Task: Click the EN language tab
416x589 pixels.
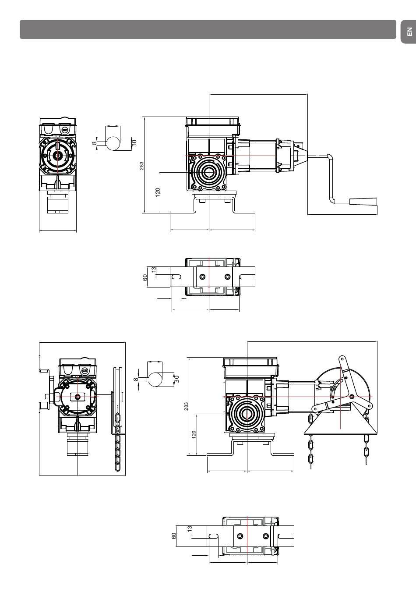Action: click(409, 32)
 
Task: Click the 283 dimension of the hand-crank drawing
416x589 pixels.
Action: click(141, 166)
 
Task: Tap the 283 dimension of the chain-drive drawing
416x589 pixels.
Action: click(186, 406)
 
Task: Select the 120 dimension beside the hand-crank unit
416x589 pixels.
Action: click(158, 192)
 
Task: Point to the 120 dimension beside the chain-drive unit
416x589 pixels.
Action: click(194, 434)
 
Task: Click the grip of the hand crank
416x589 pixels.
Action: click(364, 202)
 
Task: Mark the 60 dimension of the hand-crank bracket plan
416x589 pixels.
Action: click(145, 277)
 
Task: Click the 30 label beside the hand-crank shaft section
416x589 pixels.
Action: click(134, 143)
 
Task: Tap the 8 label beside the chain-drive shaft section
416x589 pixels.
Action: click(136, 379)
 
